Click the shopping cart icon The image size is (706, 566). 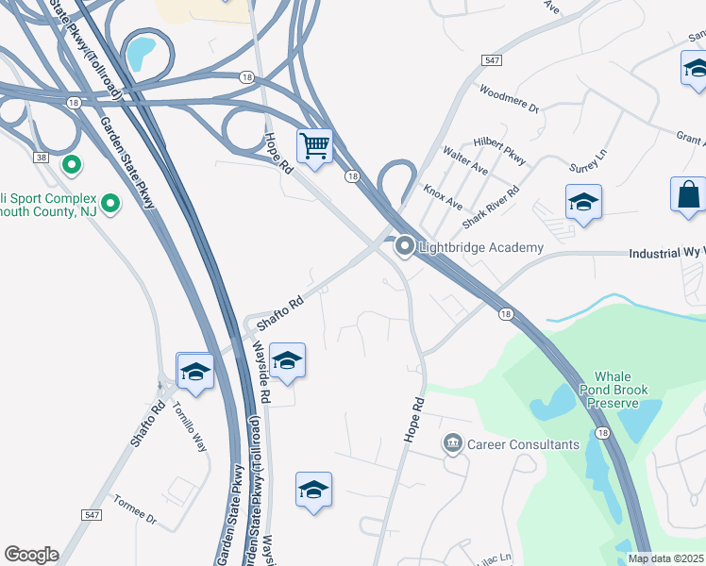pos(314,146)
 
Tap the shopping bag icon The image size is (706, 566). pos(688,194)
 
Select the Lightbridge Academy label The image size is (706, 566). pos(482,247)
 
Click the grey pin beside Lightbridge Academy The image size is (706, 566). pos(406,247)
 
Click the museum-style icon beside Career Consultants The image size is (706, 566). pos(453,443)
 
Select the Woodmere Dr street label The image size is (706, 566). pos(508,100)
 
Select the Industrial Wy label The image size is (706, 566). pos(666,254)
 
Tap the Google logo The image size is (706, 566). pos(31,555)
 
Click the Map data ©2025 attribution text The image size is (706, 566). pos(666,558)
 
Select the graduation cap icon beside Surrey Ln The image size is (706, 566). pos(584,203)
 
